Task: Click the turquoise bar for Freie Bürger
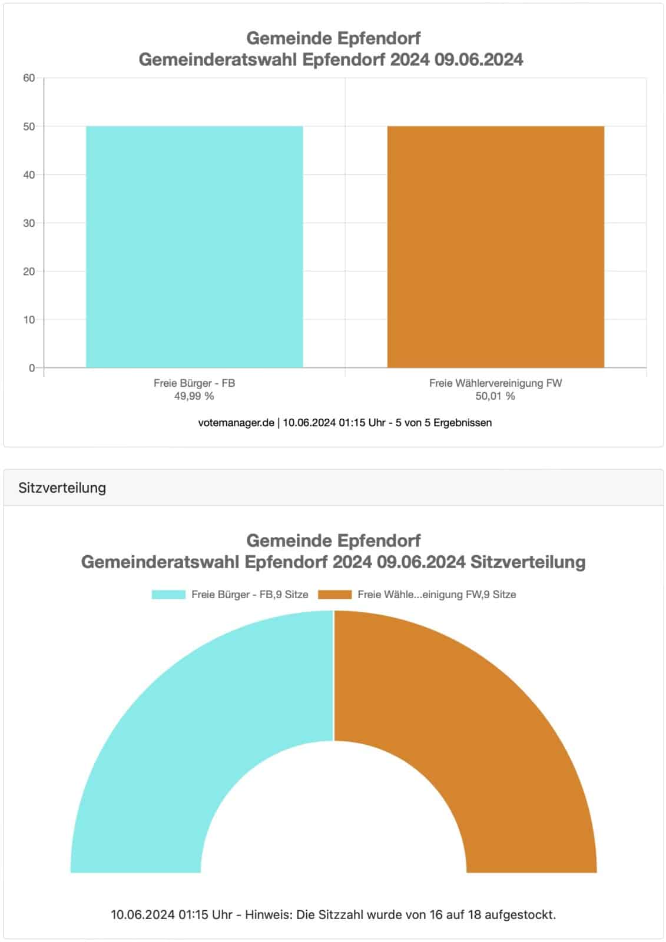(194, 247)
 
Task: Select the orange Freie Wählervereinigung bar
(495, 247)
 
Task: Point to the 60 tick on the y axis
(29, 78)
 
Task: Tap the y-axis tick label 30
(29, 223)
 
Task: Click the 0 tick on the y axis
(32, 368)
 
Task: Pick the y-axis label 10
(29, 320)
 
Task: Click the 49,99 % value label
(194, 396)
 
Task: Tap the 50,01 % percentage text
(495, 396)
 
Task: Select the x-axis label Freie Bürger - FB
(194, 383)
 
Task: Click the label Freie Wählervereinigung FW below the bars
(495, 383)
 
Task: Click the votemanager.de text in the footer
(236, 423)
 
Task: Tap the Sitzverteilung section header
(62, 488)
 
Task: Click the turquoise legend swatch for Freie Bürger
(168, 595)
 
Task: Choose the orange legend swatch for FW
(334, 595)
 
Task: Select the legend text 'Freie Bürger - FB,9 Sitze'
(250, 595)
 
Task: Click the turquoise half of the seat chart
(177, 736)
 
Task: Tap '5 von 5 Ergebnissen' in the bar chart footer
(443, 423)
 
